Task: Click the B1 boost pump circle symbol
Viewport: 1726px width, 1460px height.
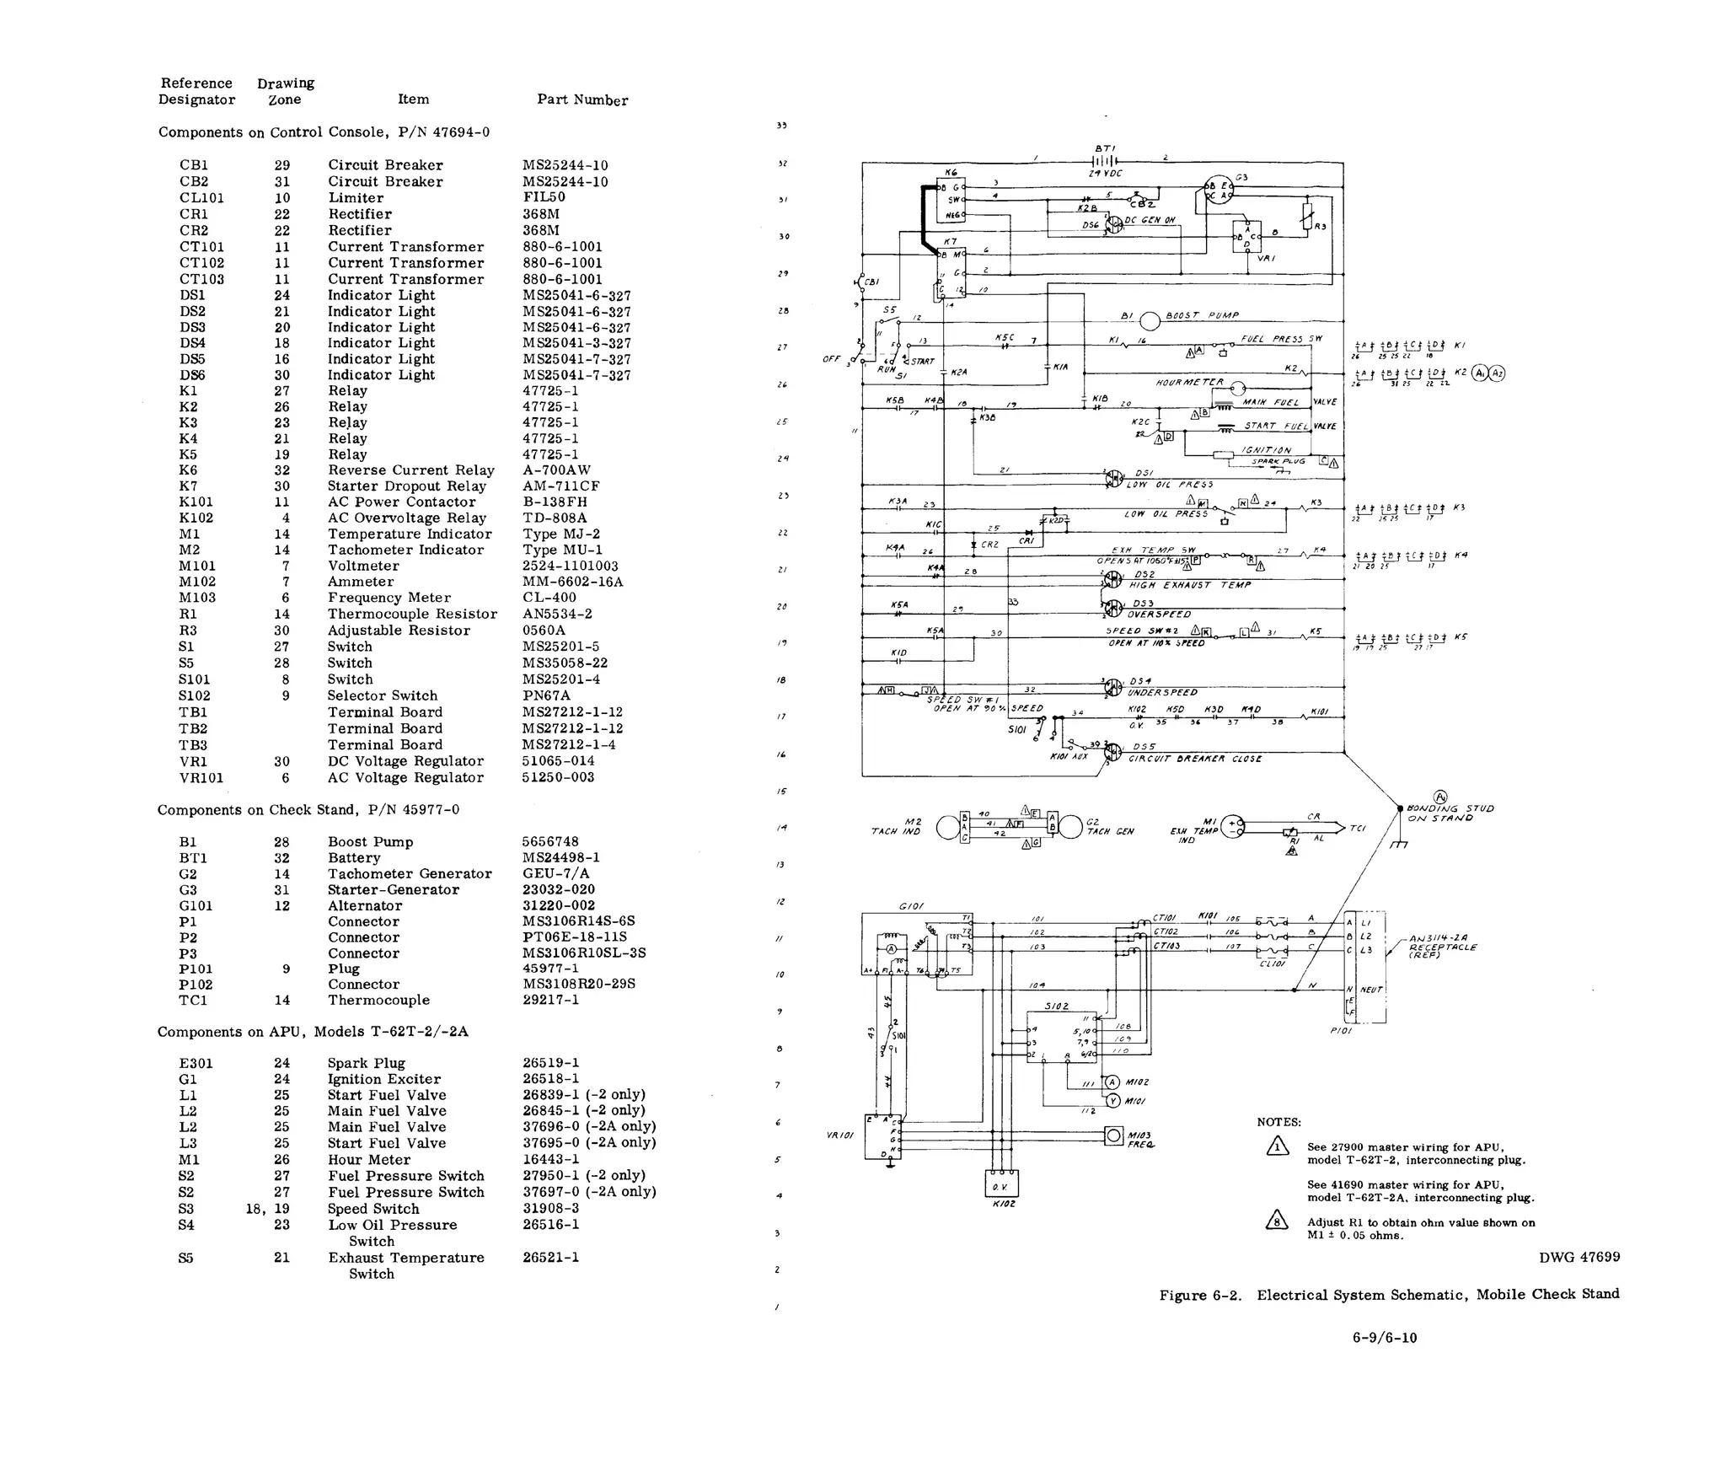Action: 1150,321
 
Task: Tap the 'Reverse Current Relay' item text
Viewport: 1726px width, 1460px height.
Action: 410,470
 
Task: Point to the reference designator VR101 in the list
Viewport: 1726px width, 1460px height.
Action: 201,777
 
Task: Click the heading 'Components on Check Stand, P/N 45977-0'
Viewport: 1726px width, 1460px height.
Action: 308,810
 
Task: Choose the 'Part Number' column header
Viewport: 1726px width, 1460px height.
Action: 582,99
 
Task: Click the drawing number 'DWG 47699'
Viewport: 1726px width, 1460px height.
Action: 1579,1257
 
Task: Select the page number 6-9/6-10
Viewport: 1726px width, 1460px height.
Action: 1385,1337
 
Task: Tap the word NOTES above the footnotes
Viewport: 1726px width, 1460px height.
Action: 1278,1122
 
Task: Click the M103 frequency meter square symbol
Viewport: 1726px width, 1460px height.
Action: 1114,1136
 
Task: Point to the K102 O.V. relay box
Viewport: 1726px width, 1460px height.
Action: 1001,1184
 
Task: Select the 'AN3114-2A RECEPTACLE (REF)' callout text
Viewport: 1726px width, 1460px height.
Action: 1442,947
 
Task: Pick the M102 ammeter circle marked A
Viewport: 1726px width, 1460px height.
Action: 1112,1082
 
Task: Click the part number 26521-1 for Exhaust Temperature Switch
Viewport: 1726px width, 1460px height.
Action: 550,1257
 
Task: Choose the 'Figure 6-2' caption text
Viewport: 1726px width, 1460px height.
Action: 1200,1295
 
